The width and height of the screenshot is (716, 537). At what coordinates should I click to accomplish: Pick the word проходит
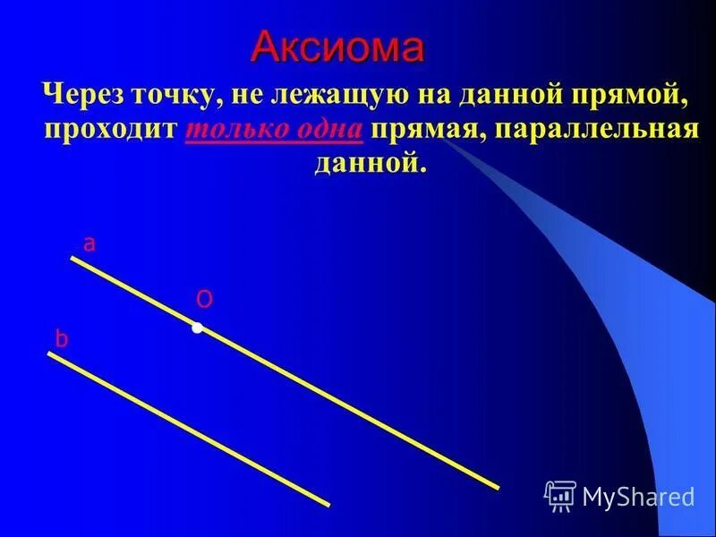[113, 129]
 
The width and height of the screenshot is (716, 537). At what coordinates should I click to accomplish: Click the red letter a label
[89, 243]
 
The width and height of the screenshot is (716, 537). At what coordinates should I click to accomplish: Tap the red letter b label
[62, 339]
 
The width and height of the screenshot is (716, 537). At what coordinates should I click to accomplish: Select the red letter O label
[205, 300]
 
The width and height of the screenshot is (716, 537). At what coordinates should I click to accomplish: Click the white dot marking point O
[197, 328]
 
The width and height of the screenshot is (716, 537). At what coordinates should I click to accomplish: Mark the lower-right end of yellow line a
[497, 487]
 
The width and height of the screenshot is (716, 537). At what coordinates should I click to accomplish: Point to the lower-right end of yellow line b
[328, 504]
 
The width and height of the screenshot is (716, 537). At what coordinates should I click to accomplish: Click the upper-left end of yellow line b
[50, 354]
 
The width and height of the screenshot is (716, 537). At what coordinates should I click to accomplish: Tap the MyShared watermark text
[638, 495]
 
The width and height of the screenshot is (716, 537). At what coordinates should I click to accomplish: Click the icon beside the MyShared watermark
[560, 495]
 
